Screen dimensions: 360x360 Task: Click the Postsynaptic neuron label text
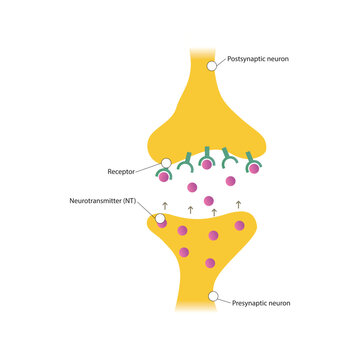[257, 59]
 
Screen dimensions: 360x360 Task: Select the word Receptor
[123, 172]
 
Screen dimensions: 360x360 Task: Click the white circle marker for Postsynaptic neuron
[212, 66]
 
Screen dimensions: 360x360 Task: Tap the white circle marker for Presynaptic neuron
[212, 296]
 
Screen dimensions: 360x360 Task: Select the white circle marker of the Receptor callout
[163, 163]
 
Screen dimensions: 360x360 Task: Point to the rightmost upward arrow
[238, 204]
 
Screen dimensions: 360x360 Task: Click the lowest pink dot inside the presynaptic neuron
[210, 264]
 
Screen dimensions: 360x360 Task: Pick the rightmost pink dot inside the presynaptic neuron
[239, 226]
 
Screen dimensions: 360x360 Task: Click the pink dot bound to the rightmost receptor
[255, 169]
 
